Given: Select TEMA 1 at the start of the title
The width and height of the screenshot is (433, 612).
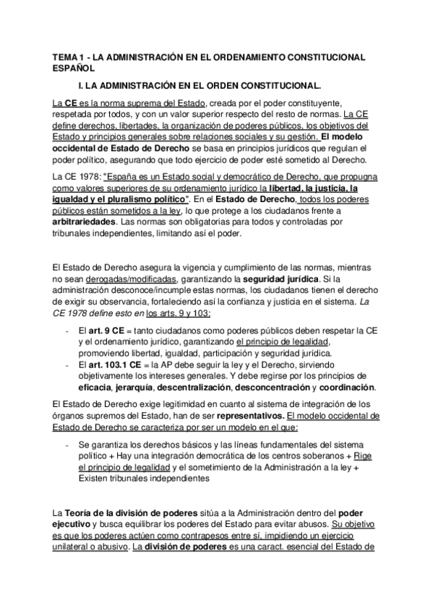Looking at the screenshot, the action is pos(72,57).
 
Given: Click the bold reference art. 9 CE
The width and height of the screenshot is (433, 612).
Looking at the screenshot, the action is pos(103,329).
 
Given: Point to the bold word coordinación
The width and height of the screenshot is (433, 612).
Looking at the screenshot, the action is pos(351,388).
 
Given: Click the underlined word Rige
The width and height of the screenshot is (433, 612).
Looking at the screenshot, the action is pos(364,456).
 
